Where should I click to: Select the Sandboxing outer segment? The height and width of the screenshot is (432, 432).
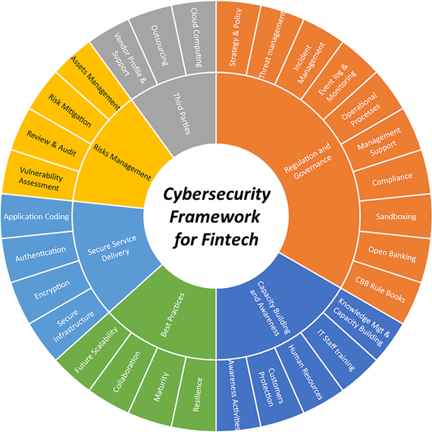tap(395, 216)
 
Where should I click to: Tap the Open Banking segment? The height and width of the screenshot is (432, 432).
tap(392, 257)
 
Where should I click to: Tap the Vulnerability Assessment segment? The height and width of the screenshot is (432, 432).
tap(39, 178)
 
